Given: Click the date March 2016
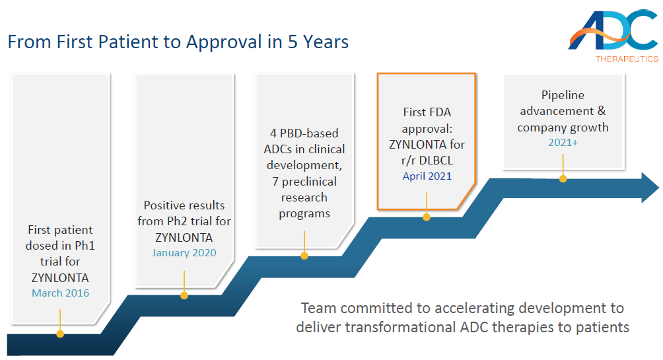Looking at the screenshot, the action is [x=61, y=293].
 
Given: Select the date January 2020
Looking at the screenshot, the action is [x=184, y=252].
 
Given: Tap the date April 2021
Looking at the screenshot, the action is [x=427, y=176].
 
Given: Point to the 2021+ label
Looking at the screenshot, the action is [x=563, y=143].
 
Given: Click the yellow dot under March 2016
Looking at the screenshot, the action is [x=60, y=334].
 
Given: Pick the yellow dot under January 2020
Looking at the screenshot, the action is [x=184, y=295].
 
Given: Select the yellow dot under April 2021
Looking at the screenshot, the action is [x=426, y=217].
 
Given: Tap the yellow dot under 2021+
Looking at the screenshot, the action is [x=563, y=178].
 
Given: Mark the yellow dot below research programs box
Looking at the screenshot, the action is [x=304, y=256].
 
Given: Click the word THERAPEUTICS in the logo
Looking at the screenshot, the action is [x=627, y=59].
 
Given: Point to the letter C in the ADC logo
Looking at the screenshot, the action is [x=641, y=30].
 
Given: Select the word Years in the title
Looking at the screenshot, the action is [x=326, y=42].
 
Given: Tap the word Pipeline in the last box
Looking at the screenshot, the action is [x=563, y=96].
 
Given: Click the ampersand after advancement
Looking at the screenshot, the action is [x=602, y=111].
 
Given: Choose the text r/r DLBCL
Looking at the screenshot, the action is [x=427, y=161].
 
